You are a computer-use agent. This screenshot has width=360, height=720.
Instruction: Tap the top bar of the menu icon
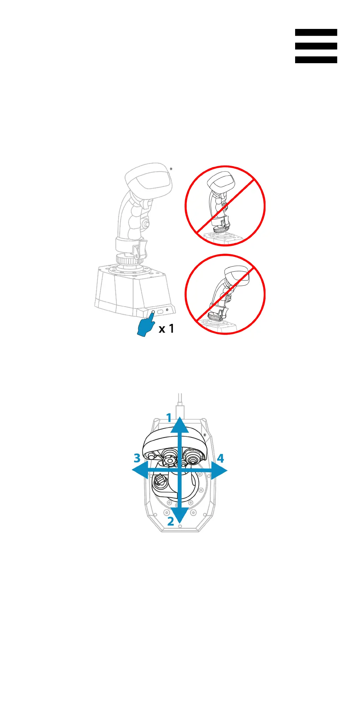coord(316,32)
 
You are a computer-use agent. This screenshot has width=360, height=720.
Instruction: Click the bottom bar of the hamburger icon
coord(316,60)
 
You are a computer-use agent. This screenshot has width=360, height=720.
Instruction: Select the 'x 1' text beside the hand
coord(166,329)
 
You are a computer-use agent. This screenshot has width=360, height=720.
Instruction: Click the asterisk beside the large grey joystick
coord(171,169)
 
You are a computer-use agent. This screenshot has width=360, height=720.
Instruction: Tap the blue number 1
coord(169,418)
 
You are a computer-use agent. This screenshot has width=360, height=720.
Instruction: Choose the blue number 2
coord(171,521)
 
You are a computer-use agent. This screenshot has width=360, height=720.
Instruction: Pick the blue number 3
coord(137,458)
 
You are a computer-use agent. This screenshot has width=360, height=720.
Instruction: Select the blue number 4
coord(220,458)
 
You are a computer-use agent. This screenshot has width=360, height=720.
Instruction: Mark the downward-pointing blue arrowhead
coord(180,515)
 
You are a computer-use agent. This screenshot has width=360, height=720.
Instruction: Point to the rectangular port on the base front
coord(160,311)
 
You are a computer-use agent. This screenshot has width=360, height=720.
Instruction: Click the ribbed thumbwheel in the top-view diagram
coord(160,480)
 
